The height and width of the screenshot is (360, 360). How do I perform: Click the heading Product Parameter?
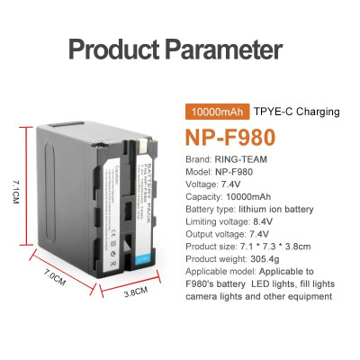coord(175,49)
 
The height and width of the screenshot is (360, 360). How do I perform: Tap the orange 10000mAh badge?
coord(214,112)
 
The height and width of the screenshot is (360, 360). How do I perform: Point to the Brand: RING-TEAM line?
coord(226,165)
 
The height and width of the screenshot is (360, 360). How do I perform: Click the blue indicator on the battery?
coord(143,260)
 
